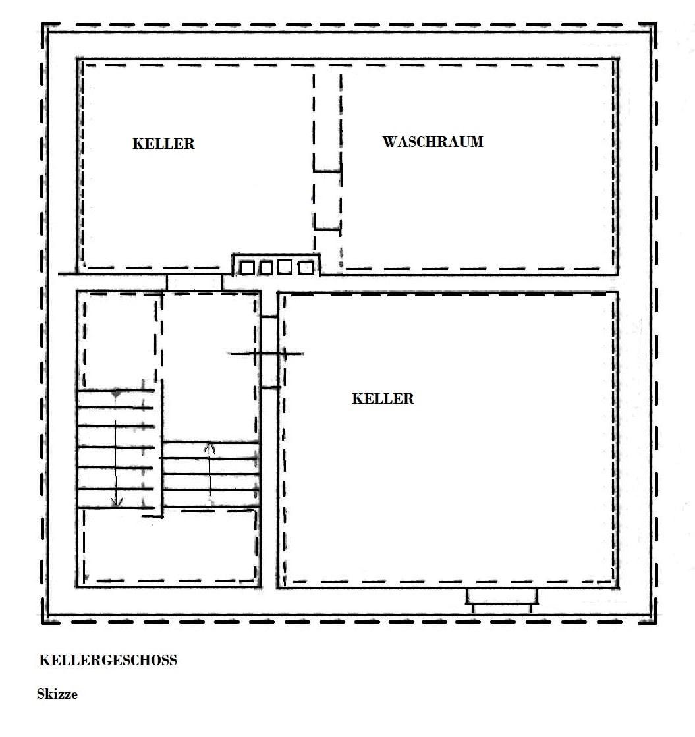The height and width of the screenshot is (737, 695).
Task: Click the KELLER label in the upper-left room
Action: tap(163, 144)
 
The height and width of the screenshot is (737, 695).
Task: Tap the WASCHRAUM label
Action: tap(433, 142)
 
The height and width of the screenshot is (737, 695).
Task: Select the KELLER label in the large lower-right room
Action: tap(383, 398)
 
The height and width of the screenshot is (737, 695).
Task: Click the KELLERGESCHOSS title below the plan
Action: tap(108, 660)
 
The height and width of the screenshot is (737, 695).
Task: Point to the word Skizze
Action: tap(57, 694)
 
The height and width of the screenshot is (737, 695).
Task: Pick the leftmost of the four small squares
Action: tap(247, 268)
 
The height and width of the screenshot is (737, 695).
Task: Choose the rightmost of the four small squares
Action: tap(306, 267)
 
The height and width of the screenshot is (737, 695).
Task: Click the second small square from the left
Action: tap(266, 268)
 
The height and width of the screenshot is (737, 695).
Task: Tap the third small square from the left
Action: tap(285, 267)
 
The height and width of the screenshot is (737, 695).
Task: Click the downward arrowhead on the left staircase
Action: tap(116, 502)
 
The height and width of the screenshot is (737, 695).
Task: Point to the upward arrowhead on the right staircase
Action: tap(209, 447)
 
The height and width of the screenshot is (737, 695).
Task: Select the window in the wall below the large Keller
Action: tap(502, 601)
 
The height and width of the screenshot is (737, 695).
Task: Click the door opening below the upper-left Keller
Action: tap(194, 283)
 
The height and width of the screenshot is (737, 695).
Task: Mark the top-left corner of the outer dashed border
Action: tap(42, 24)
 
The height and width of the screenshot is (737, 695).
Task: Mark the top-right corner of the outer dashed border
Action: tap(655, 24)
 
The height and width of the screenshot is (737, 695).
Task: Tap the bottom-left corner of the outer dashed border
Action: tap(42, 622)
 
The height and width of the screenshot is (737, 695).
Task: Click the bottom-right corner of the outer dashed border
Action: tap(655, 622)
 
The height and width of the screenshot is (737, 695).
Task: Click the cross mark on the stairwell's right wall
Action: tap(266, 354)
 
